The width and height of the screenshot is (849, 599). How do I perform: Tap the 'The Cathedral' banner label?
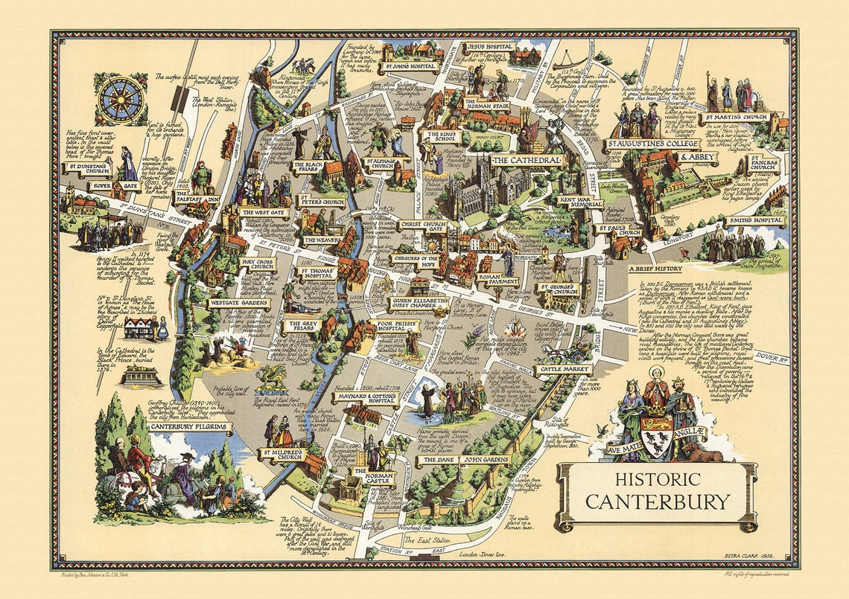click(525, 161)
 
